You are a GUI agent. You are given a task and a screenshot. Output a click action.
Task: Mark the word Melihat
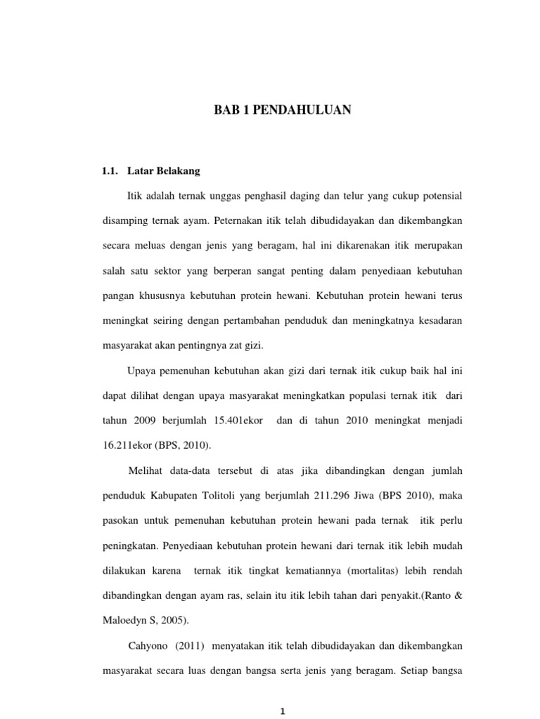pos(147,470)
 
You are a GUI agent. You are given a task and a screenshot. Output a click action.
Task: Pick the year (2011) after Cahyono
pos(195,645)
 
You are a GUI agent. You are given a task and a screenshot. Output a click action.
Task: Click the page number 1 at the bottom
pos(281,711)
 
